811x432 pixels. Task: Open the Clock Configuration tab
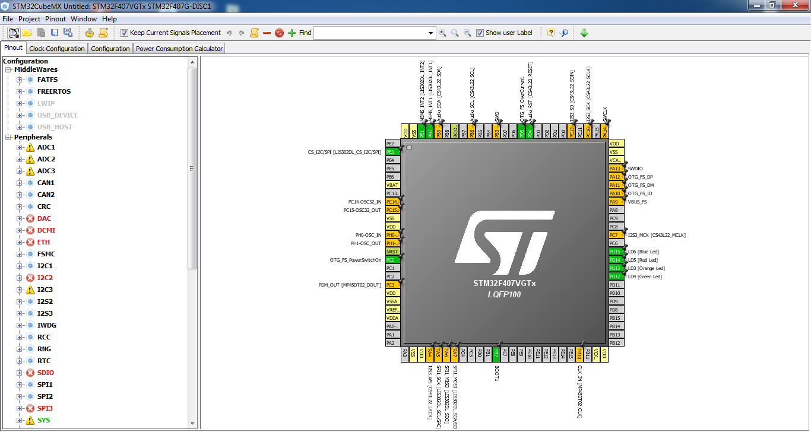coord(57,49)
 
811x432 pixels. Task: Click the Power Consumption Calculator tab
coord(179,49)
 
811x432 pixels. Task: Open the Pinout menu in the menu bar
coord(56,19)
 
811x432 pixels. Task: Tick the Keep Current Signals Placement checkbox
coord(124,33)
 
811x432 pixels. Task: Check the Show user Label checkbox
coord(480,33)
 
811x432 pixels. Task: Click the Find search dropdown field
coord(374,33)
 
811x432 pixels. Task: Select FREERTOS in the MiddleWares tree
coord(53,91)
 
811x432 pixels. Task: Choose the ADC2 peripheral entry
coord(46,159)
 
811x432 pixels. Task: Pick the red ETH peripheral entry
coord(43,242)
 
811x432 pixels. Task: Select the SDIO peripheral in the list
coord(46,373)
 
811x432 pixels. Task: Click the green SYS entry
coord(43,420)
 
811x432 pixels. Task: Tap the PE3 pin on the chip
coord(391,152)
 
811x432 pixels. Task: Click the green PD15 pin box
coord(615,252)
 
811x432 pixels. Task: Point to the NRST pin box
coord(391,252)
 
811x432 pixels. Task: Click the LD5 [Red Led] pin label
coord(643,260)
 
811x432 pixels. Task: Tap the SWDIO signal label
coord(635,169)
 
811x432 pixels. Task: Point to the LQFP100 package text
coord(504,294)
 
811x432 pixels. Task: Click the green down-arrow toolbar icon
coord(584,33)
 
